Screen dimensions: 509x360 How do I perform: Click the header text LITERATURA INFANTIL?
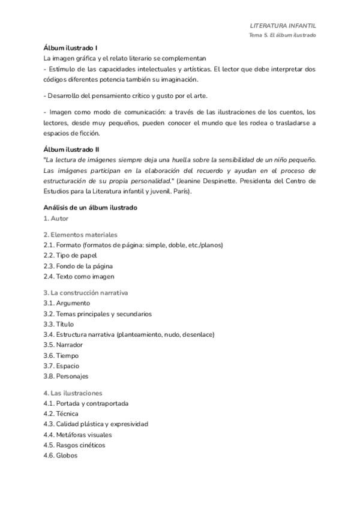(x=283, y=26)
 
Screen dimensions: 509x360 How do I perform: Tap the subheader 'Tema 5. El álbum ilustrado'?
(x=283, y=35)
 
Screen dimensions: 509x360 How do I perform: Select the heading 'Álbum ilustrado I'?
(x=71, y=47)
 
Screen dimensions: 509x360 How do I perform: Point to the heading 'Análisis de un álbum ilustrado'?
(x=91, y=208)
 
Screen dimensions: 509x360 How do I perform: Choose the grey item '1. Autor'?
(x=56, y=218)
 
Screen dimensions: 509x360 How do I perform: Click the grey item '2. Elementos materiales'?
(x=80, y=235)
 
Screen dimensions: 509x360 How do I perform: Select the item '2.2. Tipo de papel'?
(x=71, y=256)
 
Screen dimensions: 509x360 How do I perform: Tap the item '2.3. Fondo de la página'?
(x=78, y=266)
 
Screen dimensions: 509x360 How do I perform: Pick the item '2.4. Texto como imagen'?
(x=79, y=277)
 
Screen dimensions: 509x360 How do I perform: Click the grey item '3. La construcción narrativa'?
(x=86, y=292)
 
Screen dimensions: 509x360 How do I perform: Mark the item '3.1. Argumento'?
(x=67, y=303)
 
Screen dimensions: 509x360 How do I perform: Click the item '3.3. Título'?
(x=58, y=324)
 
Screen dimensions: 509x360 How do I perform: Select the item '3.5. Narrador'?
(x=63, y=345)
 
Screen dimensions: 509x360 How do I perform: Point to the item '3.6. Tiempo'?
(x=61, y=355)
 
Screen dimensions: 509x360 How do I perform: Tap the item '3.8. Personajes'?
(x=66, y=376)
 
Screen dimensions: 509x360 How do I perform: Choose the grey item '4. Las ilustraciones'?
(x=73, y=393)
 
